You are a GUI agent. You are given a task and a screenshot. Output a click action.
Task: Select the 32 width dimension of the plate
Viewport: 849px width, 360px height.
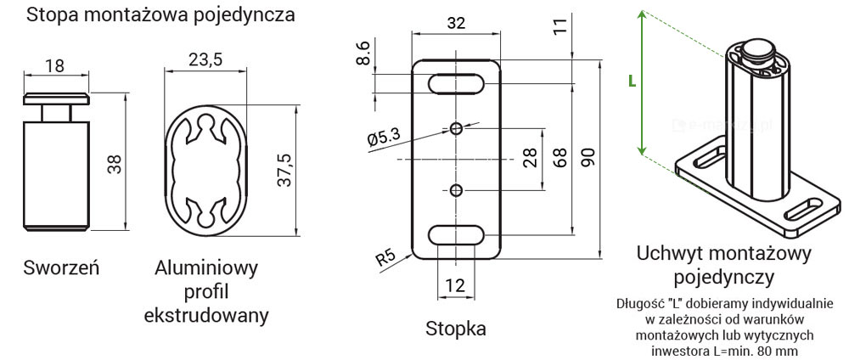click(456, 25)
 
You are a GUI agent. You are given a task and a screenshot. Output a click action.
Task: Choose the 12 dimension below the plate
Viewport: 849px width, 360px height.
click(456, 285)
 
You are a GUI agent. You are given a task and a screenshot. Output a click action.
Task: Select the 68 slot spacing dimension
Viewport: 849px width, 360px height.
click(559, 159)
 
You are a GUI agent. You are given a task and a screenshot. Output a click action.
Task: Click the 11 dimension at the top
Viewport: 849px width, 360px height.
click(559, 25)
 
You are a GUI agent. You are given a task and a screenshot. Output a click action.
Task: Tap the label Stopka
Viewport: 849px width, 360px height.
click(456, 329)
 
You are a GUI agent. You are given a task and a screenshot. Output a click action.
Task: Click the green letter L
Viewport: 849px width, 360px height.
click(632, 81)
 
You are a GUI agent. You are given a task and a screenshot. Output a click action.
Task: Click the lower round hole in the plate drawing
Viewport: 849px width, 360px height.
click(456, 189)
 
